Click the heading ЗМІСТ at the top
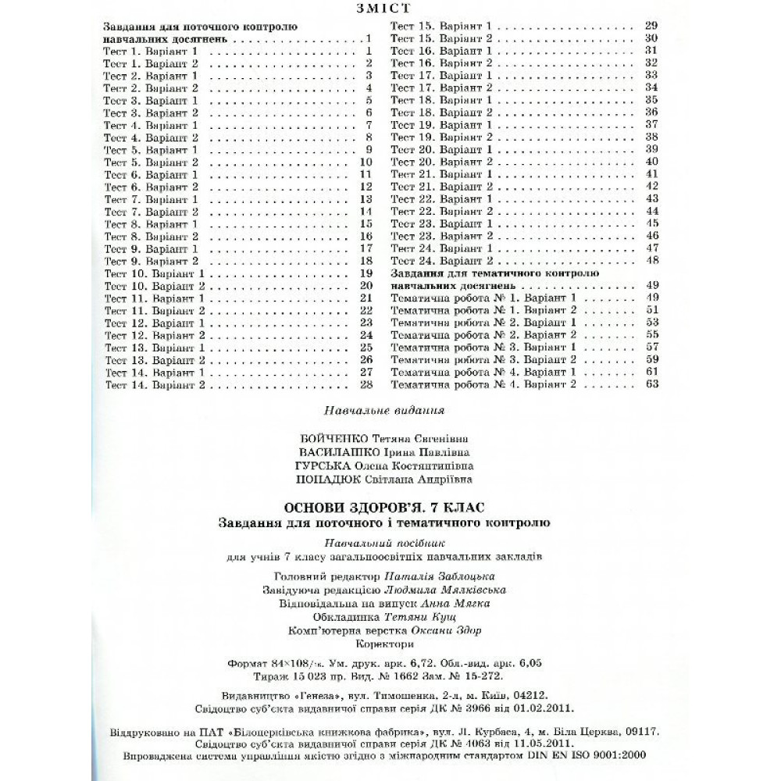390,9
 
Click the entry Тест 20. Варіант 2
441,162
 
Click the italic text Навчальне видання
383,409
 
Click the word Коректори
383,644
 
